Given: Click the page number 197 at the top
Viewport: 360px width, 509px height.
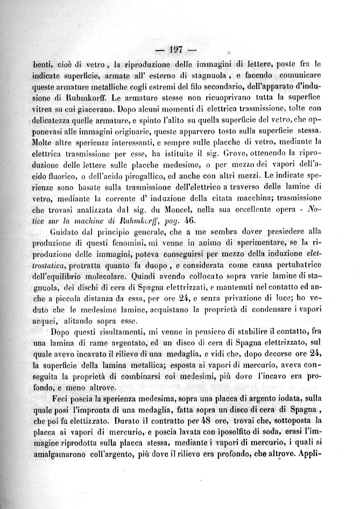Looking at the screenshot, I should coord(176,50).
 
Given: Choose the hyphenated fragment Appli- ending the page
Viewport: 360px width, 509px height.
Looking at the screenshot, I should coord(338,458).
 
